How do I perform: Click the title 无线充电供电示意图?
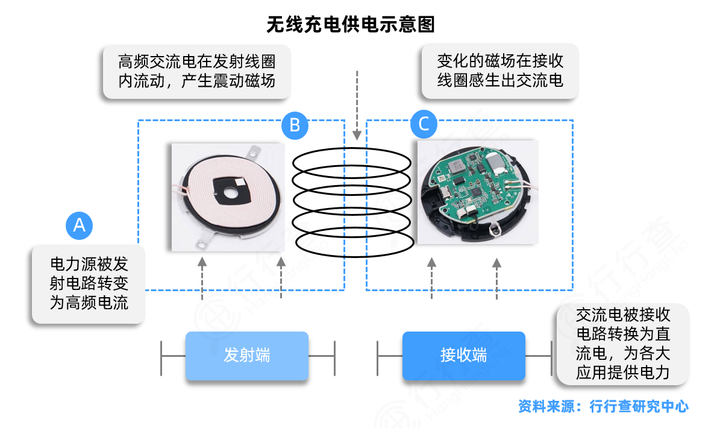(x=350, y=24)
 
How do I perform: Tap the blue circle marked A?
(x=79, y=225)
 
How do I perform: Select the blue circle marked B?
(x=295, y=125)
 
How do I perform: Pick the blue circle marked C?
(x=424, y=125)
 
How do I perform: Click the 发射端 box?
(x=246, y=356)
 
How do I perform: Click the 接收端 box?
(x=463, y=356)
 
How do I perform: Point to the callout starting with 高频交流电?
(x=196, y=72)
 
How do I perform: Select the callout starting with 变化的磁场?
(x=499, y=71)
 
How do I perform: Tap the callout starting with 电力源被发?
(x=89, y=283)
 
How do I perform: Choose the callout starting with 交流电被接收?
(x=622, y=344)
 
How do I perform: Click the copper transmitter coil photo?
(x=228, y=197)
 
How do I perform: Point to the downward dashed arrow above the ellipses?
(x=358, y=105)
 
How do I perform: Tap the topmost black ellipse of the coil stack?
(x=352, y=161)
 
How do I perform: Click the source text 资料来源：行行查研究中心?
(x=603, y=406)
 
